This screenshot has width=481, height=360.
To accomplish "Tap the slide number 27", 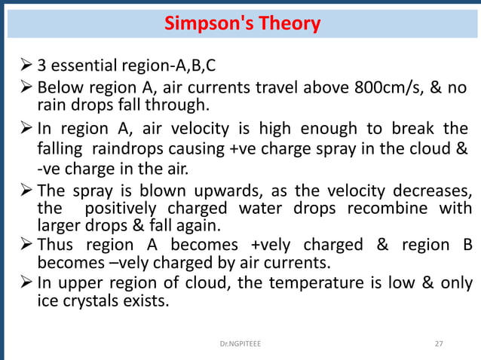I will click(440, 343).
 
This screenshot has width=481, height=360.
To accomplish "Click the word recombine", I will click(390, 207).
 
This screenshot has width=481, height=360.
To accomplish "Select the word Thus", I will click(56, 245).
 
